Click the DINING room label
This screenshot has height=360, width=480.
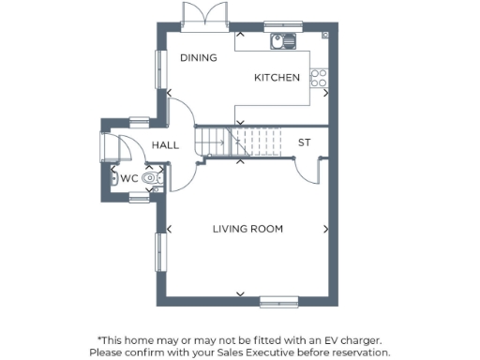[x=198, y=58]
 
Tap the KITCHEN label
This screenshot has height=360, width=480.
[x=277, y=78]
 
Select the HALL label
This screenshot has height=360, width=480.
[x=165, y=144]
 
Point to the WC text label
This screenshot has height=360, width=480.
[x=129, y=177]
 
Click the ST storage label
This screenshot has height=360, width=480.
[x=304, y=142]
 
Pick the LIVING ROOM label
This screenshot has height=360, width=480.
[x=247, y=229]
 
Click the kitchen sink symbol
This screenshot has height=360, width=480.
[x=282, y=41]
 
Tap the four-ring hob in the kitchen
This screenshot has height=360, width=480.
[x=320, y=77]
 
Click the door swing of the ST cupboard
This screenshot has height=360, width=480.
[x=307, y=170]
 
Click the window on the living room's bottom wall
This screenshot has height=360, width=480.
[x=277, y=302]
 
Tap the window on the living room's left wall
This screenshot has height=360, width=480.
[x=158, y=254]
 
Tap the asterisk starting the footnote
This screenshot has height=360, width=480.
[x=99, y=339]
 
